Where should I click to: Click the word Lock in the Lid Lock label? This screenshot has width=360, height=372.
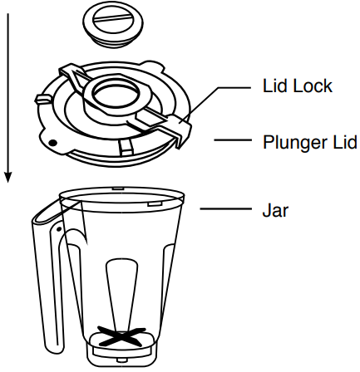[x=313, y=86]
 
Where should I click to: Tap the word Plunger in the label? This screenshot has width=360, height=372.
[x=295, y=143]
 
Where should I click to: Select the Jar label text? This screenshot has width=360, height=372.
[x=275, y=210]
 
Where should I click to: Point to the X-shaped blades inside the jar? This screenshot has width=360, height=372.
[x=121, y=335]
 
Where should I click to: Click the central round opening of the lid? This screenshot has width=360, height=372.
[x=115, y=94]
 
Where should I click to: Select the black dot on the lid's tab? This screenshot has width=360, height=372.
[x=52, y=143]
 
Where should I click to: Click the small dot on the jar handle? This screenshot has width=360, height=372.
[x=59, y=229]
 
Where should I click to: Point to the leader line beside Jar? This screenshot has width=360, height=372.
[x=225, y=208]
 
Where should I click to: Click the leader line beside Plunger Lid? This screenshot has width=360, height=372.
[x=233, y=140]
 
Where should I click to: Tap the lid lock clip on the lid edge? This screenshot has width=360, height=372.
[x=180, y=130]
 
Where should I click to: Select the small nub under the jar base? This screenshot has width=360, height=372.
[x=121, y=360]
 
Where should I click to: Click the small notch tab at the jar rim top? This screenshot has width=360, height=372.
[x=118, y=188]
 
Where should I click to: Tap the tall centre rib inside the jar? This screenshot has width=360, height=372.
[x=121, y=294]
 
